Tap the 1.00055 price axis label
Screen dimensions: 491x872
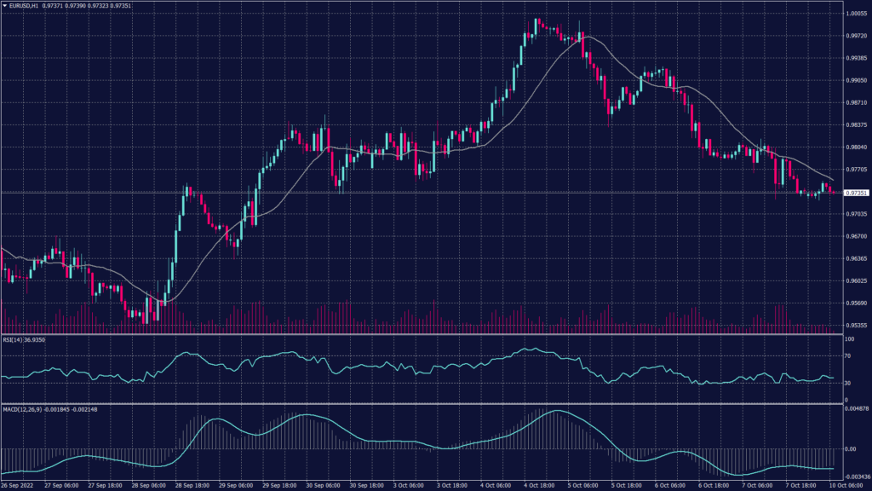(x=856, y=14)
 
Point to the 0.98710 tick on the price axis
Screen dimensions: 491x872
(x=856, y=102)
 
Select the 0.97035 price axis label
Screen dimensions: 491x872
(x=856, y=214)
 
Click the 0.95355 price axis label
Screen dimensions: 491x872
(x=856, y=325)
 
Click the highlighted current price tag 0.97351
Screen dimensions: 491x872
(x=857, y=194)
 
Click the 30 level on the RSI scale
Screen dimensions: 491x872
(x=847, y=384)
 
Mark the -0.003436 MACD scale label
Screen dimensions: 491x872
(x=856, y=477)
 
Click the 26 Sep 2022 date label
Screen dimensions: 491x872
(x=20, y=486)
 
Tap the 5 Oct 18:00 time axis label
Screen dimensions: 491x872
(x=627, y=486)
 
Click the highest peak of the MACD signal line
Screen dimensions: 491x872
(x=556, y=411)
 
